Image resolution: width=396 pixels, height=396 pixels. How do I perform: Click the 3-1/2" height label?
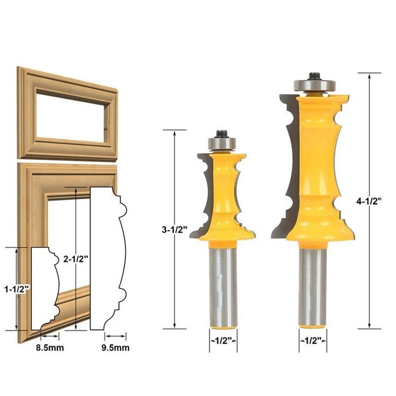click(x=175, y=230)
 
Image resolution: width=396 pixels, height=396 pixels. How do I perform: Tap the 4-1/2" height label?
click(x=369, y=201)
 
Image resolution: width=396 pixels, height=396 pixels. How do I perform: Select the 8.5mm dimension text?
click(x=50, y=348)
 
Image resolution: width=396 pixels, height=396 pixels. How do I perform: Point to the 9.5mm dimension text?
click(x=115, y=348)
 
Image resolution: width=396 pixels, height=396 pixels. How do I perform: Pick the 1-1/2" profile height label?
click(x=17, y=289)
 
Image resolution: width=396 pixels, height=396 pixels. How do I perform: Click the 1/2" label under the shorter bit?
click(x=223, y=341)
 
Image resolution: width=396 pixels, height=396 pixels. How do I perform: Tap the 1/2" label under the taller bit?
click(x=313, y=341)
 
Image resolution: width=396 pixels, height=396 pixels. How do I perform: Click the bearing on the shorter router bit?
click(x=221, y=143)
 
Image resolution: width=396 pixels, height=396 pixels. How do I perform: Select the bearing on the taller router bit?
click(x=314, y=85)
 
